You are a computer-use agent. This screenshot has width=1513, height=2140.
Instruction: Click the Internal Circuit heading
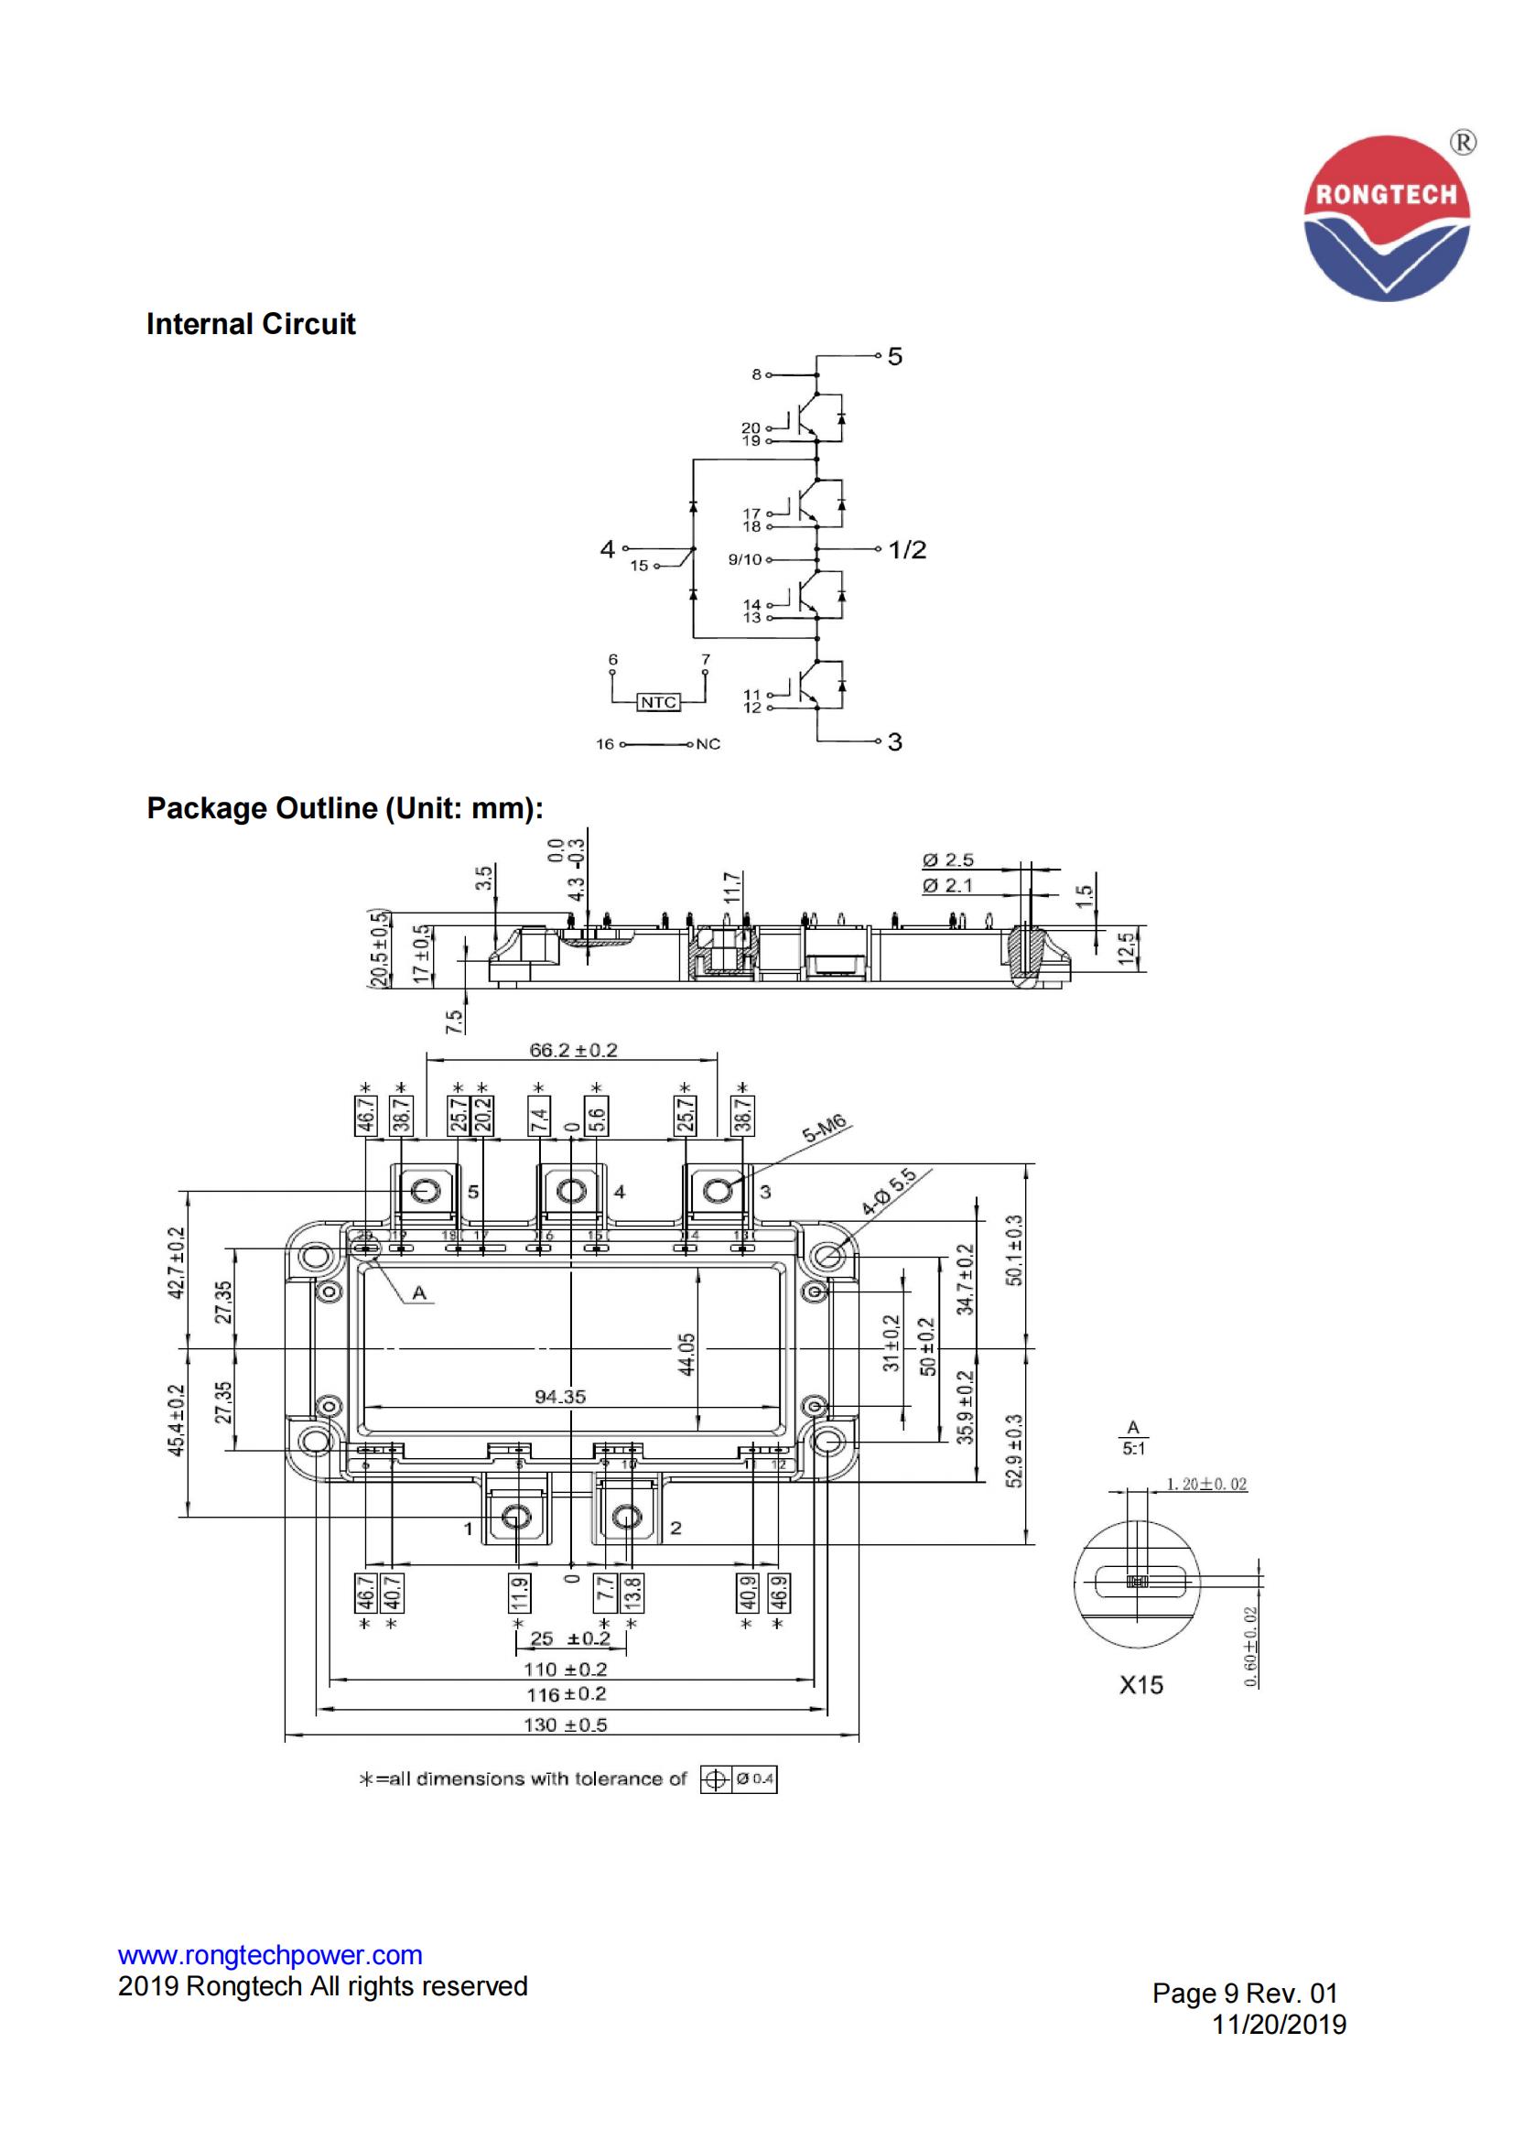[x=251, y=324]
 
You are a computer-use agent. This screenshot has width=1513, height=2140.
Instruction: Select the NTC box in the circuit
[x=658, y=702]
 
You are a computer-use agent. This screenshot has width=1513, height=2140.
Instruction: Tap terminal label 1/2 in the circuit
[x=907, y=550]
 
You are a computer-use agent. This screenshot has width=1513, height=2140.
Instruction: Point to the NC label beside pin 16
[x=708, y=744]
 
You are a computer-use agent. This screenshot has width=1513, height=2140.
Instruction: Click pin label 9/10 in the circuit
[x=745, y=559]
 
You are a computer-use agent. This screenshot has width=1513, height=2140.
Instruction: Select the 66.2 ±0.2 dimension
[x=573, y=1051]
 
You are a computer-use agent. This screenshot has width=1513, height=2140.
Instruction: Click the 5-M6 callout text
[x=825, y=1129]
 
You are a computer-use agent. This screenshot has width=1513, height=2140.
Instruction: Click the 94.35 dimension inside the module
[x=560, y=1396]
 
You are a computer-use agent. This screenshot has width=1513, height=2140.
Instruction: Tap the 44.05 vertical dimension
[x=687, y=1355]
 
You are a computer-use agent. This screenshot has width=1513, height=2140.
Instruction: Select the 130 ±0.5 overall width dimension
[x=565, y=1724]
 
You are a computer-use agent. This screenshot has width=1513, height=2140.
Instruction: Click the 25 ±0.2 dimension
[x=569, y=1638]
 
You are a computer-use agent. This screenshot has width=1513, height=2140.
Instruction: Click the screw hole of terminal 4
[x=570, y=1191]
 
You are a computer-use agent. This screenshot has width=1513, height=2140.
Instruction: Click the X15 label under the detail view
[x=1141, y=1684]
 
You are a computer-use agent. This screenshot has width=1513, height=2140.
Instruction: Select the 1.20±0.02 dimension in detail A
[x=1206, y=1484]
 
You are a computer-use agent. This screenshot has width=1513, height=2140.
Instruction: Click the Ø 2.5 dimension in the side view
[x=948, y=860]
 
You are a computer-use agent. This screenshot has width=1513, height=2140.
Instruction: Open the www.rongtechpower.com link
[x=270, y=1954]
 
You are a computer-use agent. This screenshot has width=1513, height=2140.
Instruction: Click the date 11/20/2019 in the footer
[x=1279, y=2025]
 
